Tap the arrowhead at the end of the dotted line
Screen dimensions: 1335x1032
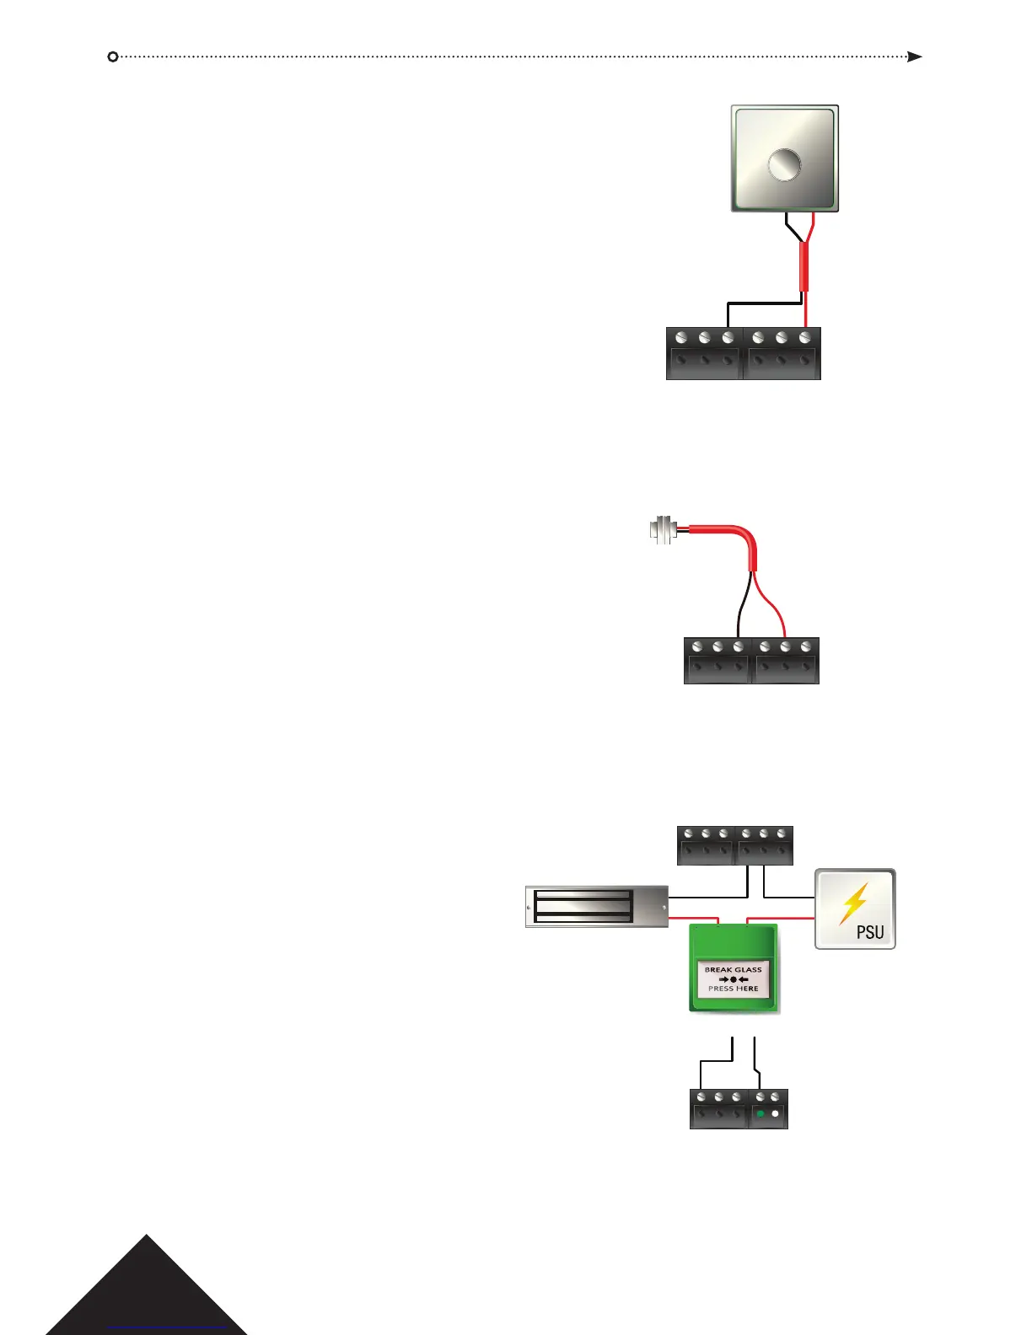[915, 56]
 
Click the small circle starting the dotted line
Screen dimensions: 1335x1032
[113, 56]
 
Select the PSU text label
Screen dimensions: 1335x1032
[870, 931]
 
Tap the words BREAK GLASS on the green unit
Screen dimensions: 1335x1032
[733, 969]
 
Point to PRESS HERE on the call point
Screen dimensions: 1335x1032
[733, 989]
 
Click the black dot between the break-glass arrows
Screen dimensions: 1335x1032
[734, 979]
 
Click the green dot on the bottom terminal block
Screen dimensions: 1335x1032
[761, 1114]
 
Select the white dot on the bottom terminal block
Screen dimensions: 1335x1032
[776, 1114]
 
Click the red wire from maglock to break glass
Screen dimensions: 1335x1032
[693, 917]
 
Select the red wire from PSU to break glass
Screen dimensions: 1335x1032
[781, 917]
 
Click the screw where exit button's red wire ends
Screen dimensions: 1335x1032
[805, 338]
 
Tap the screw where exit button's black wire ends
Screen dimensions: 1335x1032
[728, 338]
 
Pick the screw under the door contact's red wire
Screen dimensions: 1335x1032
[785, 647]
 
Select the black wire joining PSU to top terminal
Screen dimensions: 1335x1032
[788, 896]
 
